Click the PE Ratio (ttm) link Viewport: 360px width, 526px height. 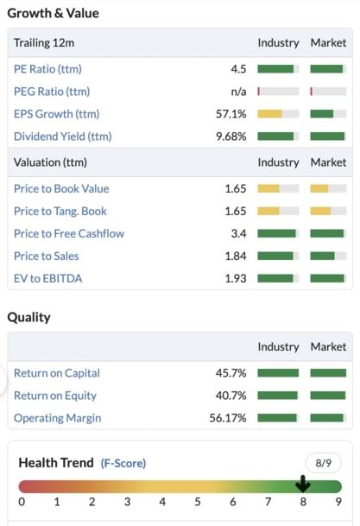click(47, 69)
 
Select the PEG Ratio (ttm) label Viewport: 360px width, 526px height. click(52, 92)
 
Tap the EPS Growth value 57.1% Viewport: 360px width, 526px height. click(231, 114)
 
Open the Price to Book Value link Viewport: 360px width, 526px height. click(61, 189)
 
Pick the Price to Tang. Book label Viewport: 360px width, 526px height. click(60, 212)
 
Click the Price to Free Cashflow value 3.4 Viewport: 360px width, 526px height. click(238, 234)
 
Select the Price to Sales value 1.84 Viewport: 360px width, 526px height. click(235, 257)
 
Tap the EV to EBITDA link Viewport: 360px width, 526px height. click(48, 279)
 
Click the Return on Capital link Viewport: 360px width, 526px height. click(57, 373)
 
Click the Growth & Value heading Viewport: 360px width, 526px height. click(53, 13)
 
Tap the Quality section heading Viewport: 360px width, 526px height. click(29, 317)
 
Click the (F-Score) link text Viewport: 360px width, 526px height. click(123, 464)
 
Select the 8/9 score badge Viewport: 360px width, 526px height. click(323, 463)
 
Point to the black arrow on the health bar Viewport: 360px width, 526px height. click(303, 484)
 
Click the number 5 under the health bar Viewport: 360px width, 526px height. click(198, 502)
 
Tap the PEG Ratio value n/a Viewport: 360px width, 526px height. click(237, 92)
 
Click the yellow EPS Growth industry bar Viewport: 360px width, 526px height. click(269, 114)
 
